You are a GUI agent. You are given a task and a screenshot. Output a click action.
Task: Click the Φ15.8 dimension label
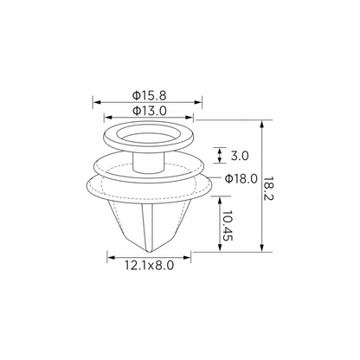[x=150, y=95]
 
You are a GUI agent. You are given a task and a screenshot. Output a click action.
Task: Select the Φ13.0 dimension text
[x=150, y=111]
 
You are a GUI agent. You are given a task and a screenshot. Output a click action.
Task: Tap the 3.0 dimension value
[x=240, y=156]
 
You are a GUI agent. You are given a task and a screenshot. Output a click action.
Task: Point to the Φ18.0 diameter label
[x=241, y=179]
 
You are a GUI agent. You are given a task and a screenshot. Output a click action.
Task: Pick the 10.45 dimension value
[x=228, y=225]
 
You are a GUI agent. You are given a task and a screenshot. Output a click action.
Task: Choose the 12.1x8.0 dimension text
[x=149, y=265]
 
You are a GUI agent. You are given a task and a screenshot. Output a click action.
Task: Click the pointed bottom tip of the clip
[x=149, y=252]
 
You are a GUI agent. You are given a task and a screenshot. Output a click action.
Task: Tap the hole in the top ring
[x=149, y=132]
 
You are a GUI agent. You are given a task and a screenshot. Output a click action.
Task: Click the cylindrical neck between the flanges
[x=149, y=163]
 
